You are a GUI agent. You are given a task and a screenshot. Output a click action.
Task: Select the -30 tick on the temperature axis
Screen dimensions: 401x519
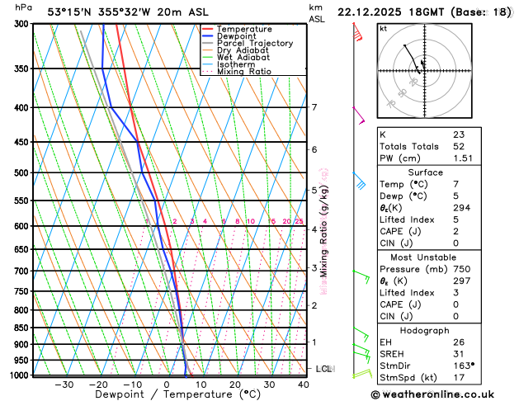pos(64,384)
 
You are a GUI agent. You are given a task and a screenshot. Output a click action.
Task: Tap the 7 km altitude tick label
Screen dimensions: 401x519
pos(314,107)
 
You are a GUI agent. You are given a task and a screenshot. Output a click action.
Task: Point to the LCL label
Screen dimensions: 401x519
pos(324,369)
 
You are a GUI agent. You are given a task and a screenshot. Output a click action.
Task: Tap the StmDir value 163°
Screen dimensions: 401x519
pos(464,365)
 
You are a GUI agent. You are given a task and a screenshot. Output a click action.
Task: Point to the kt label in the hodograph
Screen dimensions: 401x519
pos(383,28)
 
